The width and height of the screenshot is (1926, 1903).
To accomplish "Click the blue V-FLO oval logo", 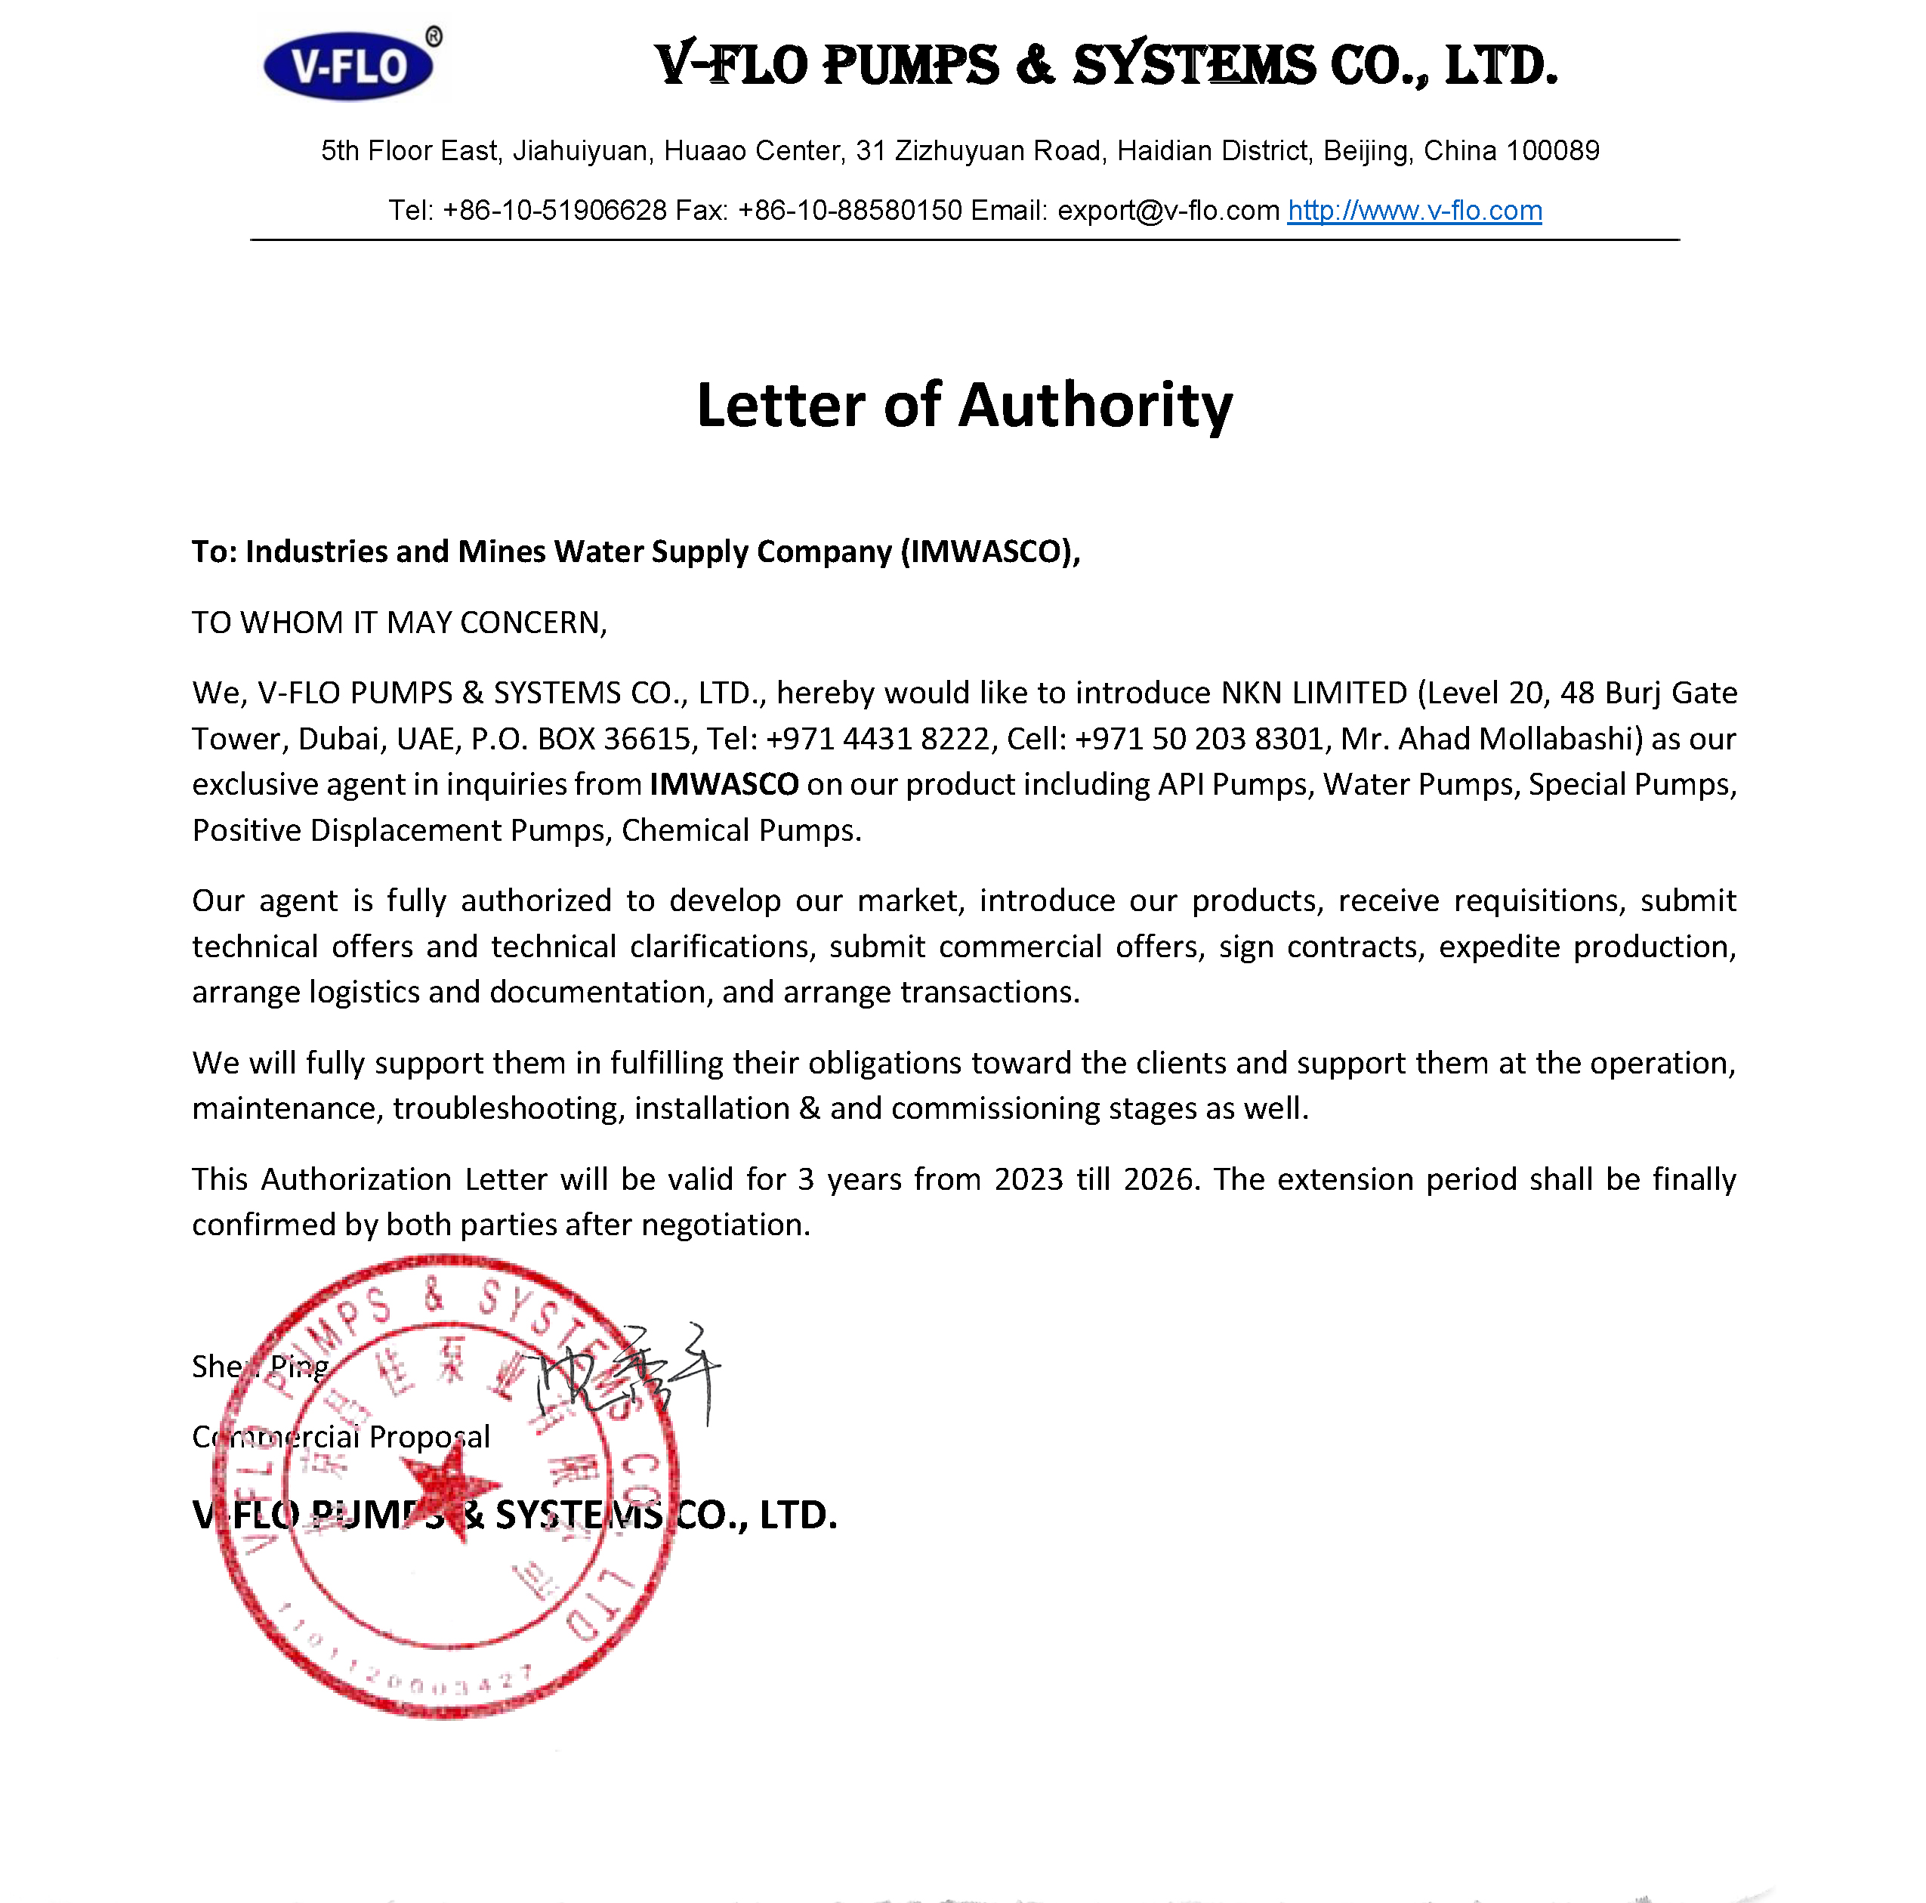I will click(348, 66).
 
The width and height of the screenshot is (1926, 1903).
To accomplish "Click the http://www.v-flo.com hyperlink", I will click(1414, 210).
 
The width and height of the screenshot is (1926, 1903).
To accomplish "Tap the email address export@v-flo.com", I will click(1168, 210).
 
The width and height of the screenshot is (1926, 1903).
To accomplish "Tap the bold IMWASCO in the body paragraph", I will click(724, 784).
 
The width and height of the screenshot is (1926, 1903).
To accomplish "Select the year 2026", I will click(1159, 1179).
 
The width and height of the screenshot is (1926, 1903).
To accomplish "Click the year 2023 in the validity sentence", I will click(1029, 1179).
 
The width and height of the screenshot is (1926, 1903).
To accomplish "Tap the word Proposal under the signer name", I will click(430, 1436).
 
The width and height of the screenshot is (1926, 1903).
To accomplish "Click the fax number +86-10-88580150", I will click(850, 210).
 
